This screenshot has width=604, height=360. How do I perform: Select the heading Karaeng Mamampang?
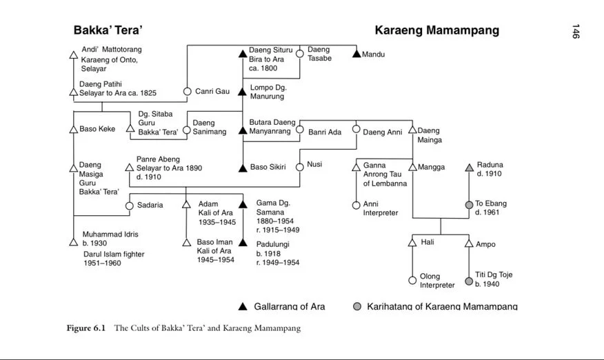pyautogui.click(x=436, y=30)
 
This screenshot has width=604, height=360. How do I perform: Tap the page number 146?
pyautogui.click(x=575, y=32)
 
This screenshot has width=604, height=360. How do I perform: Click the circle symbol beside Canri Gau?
pyautogui.click(x=187, y=91)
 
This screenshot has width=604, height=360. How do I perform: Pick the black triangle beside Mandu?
pyautogui.click(x=356, y=54)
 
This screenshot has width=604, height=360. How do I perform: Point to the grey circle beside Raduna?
pyautogui.click(x=470, y=167)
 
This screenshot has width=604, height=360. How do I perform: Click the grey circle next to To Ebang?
pyautogui.click(x=470, y=205)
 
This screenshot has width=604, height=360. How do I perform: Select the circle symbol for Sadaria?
pyautogui.click(x=130, y=206)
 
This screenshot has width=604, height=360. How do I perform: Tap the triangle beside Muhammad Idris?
pyautogui.click(x=74, y=242)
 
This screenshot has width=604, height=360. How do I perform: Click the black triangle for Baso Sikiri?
pyautogui.click(x=243, y=167)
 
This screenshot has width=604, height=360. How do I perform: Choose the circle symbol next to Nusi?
pyautogui.click(x=300, y=167)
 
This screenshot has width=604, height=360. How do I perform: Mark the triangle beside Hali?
pyautogui.click(x=412, y=242)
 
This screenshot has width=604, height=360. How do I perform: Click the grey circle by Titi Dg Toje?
pyautogui.click(x=469, y=281)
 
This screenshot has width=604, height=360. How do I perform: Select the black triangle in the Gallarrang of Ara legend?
pyautogui.click(x=243, y=306)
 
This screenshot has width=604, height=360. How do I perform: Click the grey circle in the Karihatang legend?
pyautogui.click(x=357, y=306)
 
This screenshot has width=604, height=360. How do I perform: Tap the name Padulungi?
pyautogui.click(x=273, y=244)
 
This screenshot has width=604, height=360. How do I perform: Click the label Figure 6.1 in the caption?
pyautogui.click(x=86, y=328)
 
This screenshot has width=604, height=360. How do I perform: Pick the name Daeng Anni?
pyautogui.click(x=383, y=132)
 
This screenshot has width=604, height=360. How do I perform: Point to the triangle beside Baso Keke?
pyautogui.click(x=74, y=129)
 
